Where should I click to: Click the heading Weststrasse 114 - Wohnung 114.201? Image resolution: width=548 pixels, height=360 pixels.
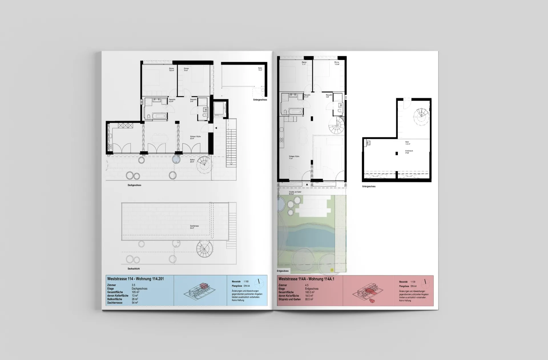pos(135,279)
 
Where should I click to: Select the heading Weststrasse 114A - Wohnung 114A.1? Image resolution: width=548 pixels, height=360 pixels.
pos(306,279)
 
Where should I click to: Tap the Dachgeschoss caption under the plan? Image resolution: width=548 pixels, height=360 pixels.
pos(134,185)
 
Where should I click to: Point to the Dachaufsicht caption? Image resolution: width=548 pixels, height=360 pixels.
pos(134,269)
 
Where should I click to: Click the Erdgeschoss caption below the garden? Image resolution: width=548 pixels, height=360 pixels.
pos(283,271)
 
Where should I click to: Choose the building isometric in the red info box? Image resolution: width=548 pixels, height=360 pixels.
pos(368,292)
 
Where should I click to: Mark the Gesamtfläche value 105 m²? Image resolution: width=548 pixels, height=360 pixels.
pos(136,292)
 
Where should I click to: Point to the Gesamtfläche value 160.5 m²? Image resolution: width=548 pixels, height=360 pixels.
pos(310,292)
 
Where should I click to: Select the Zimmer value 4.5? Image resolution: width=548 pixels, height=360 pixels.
pos(307,285)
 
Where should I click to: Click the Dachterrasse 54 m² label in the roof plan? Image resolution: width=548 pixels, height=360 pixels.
pos(194,227)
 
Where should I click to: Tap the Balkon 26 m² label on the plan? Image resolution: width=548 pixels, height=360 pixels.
pos(192,161)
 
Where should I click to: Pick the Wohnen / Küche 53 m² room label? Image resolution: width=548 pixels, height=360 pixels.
pos(196,137)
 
